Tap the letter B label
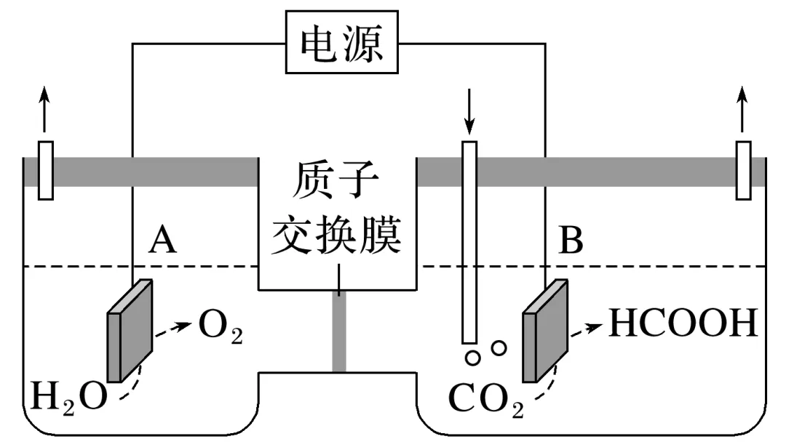(571, 240)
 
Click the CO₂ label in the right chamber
(485, 398)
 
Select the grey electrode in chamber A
(130, 331)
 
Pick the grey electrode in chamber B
(545, 331)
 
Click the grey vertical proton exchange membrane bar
(338, 331)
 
